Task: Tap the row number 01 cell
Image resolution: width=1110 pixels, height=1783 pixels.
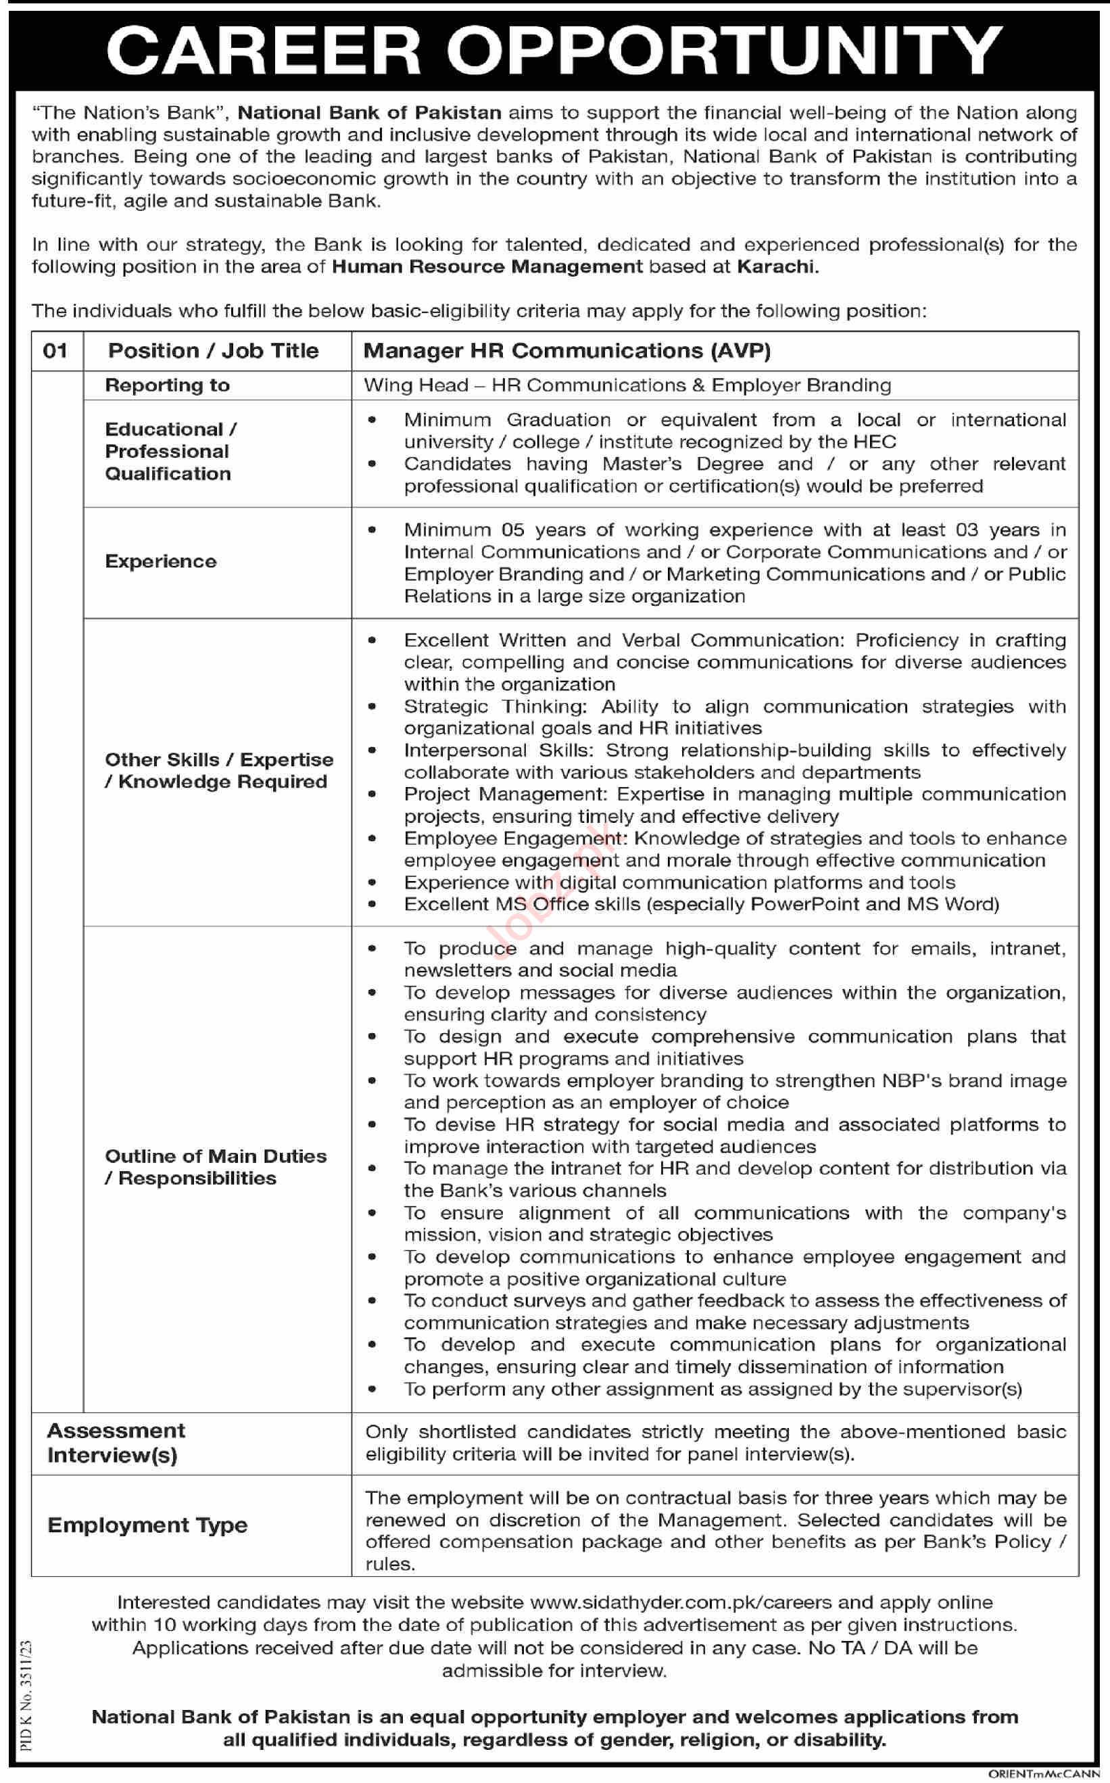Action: (56, 350)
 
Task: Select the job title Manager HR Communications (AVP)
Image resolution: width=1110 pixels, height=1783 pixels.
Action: (566, 351)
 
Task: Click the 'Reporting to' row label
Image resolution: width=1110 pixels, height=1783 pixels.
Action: (168, 385)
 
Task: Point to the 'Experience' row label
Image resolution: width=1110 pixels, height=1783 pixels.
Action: (161, 562)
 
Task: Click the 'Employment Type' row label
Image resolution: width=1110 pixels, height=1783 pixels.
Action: (147, 1525)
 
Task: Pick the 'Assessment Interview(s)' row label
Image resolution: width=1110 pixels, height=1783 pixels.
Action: (116, 1443)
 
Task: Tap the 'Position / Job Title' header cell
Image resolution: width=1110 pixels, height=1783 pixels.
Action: (214, 351)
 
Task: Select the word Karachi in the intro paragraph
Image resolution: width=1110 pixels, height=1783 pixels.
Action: (777, 266)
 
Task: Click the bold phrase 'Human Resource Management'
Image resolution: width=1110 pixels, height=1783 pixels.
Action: (487, 266)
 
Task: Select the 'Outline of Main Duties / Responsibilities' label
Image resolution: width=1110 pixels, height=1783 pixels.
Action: (216, 1167)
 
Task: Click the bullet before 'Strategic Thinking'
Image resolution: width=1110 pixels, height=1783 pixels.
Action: (373, 706)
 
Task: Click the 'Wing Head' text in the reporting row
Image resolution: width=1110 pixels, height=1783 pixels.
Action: (416, 385)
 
